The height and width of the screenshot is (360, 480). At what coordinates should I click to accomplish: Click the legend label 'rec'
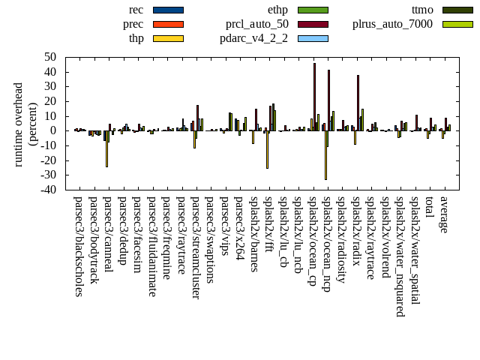(136, 10)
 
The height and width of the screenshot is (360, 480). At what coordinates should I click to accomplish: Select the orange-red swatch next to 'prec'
(168, 24)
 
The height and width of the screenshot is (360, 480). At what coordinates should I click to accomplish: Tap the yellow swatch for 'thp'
(168, 37)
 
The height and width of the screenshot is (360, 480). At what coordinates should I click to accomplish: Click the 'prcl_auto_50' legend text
(256, 24)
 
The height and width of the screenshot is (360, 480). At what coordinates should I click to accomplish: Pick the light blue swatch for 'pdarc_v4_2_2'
(313, 37)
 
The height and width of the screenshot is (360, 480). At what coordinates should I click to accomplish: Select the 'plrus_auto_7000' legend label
(392, 24)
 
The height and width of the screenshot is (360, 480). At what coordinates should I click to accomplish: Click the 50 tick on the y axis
(50, 57)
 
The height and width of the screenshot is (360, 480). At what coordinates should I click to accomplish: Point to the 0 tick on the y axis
(54, 130)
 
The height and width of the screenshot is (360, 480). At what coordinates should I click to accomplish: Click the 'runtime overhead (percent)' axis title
(25, 124)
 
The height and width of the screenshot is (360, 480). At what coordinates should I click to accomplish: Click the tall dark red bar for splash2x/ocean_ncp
(328, 100)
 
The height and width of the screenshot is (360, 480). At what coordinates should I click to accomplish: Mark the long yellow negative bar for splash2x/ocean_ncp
(325, 154)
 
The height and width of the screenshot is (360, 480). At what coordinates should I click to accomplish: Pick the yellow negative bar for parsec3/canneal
(106, 148)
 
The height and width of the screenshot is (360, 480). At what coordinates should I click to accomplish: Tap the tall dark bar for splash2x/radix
(358, 103)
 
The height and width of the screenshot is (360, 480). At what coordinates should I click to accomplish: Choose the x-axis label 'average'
(444, 214)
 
